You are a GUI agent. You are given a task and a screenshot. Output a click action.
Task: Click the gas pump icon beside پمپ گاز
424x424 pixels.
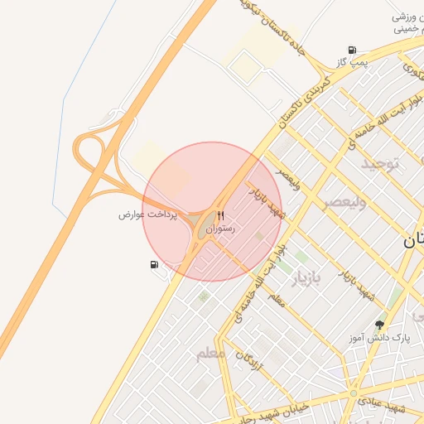pos(354,50)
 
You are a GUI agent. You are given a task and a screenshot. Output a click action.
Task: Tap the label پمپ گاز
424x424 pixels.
pos(350,63)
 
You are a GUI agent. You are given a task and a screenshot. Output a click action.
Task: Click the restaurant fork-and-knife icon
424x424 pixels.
pos(220,215)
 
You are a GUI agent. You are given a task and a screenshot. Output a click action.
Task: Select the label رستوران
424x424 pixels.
pos(220,228)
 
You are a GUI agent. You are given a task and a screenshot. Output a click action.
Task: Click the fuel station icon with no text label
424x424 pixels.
pos(154,265)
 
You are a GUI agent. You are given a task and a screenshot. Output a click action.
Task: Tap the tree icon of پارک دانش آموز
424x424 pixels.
pos(380,325)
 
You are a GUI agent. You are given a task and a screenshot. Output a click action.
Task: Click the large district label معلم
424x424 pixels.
pos(210,354)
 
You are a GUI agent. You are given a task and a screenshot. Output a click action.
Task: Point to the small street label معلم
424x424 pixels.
pos(276,299)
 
